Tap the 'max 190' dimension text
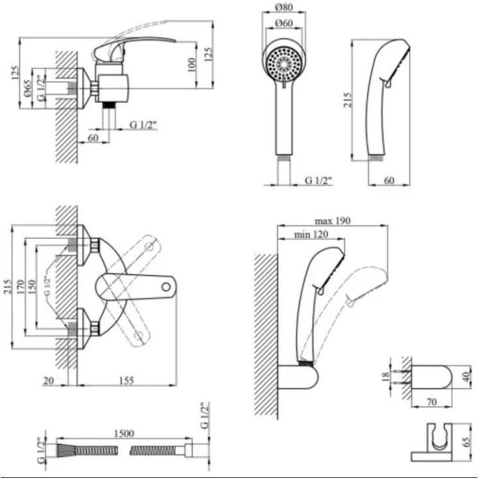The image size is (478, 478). (333, 220)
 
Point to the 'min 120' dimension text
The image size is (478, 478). (311, 235)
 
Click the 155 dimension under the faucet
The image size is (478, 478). (126, 380)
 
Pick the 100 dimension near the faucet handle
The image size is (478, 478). (191, 64)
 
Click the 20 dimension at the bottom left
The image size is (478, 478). (48, 380)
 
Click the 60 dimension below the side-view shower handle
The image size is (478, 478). (390, 179)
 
